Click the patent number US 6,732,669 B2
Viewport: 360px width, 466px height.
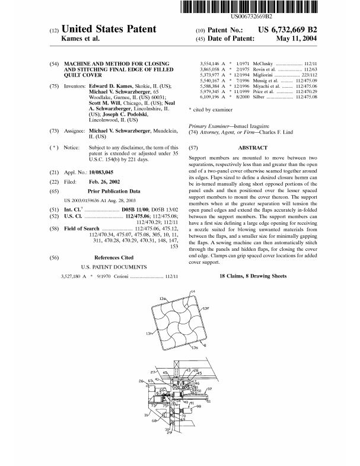click(x=279, y=28)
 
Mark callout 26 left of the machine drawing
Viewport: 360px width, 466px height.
click(x=141, y=381)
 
